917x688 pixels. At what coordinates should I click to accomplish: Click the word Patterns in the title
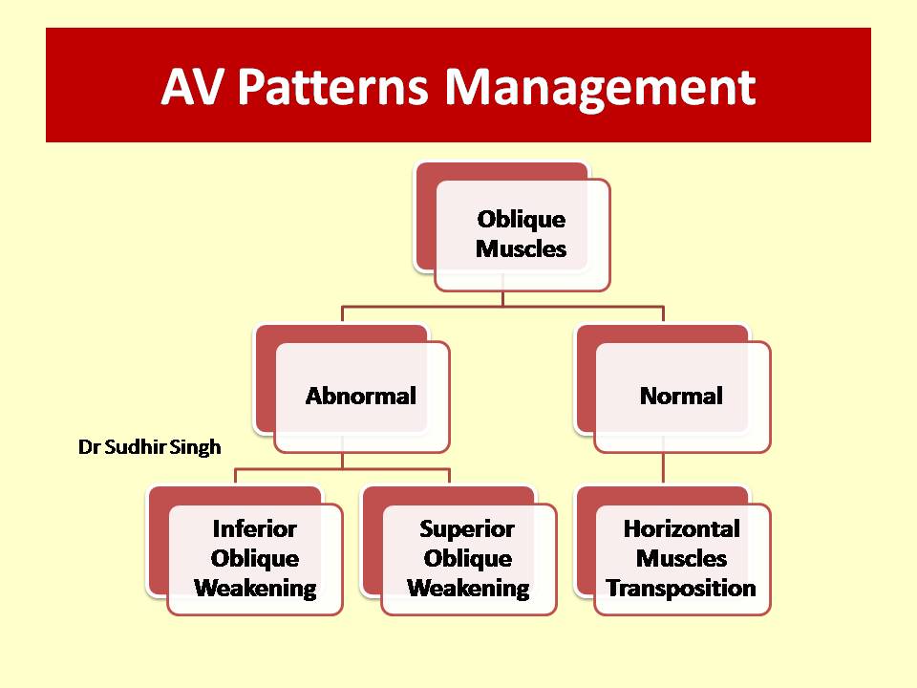[x=332, y=88]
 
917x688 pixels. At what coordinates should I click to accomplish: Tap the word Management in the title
[x=600, y=89]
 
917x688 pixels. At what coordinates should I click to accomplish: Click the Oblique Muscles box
[x=512, y=226]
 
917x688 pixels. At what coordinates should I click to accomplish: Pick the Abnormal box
[x=352, y=389]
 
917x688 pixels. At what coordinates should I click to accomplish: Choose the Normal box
[x=672, y=389]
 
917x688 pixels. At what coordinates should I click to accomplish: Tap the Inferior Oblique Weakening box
[x=245, y=550]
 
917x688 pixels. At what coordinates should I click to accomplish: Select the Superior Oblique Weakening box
[x=458, y=550]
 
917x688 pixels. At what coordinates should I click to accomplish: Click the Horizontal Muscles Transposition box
[x=672, y=550]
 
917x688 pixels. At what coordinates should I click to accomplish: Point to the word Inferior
[x=254, y=528]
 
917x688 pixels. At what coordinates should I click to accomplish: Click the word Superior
[x=467, y=529]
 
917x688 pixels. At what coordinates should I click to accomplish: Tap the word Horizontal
[x=682, y=528]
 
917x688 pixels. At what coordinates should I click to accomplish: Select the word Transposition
[x=681, y=589]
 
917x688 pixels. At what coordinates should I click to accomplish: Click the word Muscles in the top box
[x=522, y=248]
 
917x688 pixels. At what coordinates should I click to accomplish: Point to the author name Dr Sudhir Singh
[x=150, y=447]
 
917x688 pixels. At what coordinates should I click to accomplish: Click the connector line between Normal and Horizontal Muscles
[x=663, y=467]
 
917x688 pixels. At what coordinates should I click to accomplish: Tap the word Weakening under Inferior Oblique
[x=256, y=589]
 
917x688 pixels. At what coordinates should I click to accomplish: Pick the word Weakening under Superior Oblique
[x=468, y=589]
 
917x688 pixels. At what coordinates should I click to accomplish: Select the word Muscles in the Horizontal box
[x=681, y=559]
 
